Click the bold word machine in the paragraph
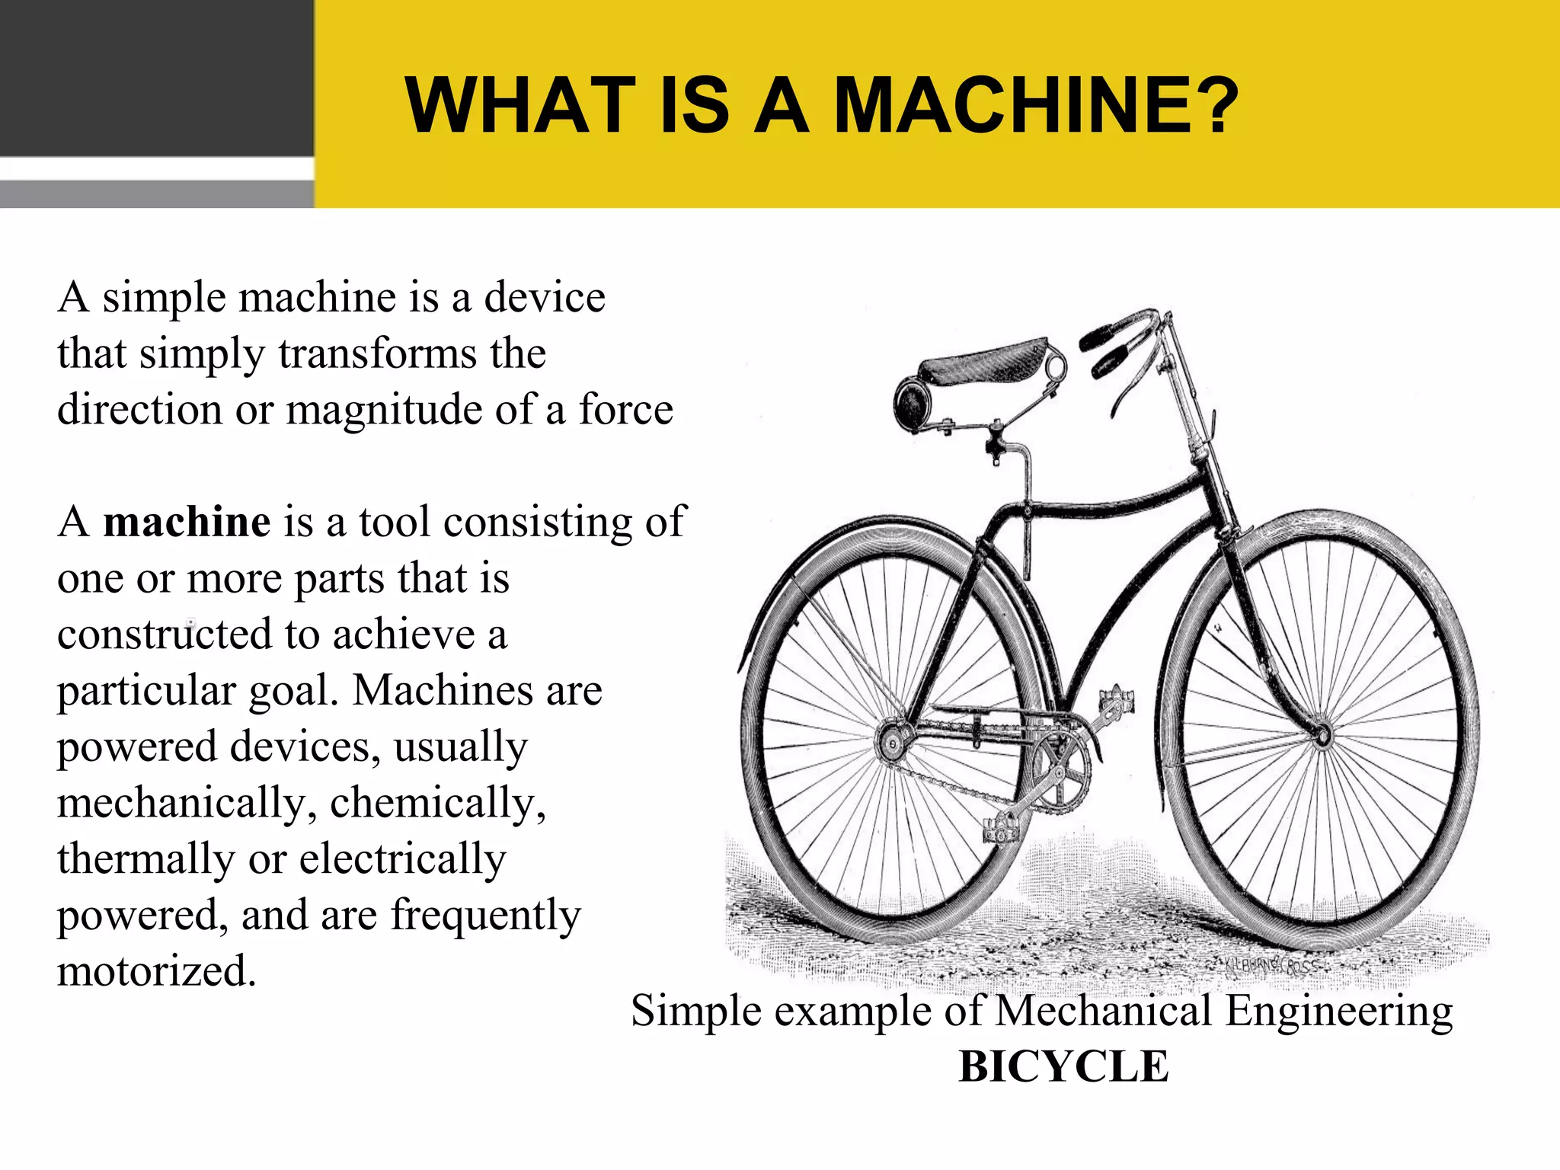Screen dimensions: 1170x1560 (187, 522)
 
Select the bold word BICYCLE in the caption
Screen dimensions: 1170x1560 (1063, 1066)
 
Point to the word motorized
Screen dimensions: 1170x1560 (156, 971)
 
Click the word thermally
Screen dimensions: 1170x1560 (145, 859)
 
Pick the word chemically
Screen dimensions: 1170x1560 (437, 803)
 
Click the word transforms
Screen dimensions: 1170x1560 (377, 353)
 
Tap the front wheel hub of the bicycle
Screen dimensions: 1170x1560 (1322, 736)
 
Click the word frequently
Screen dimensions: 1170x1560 (486, 915)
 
